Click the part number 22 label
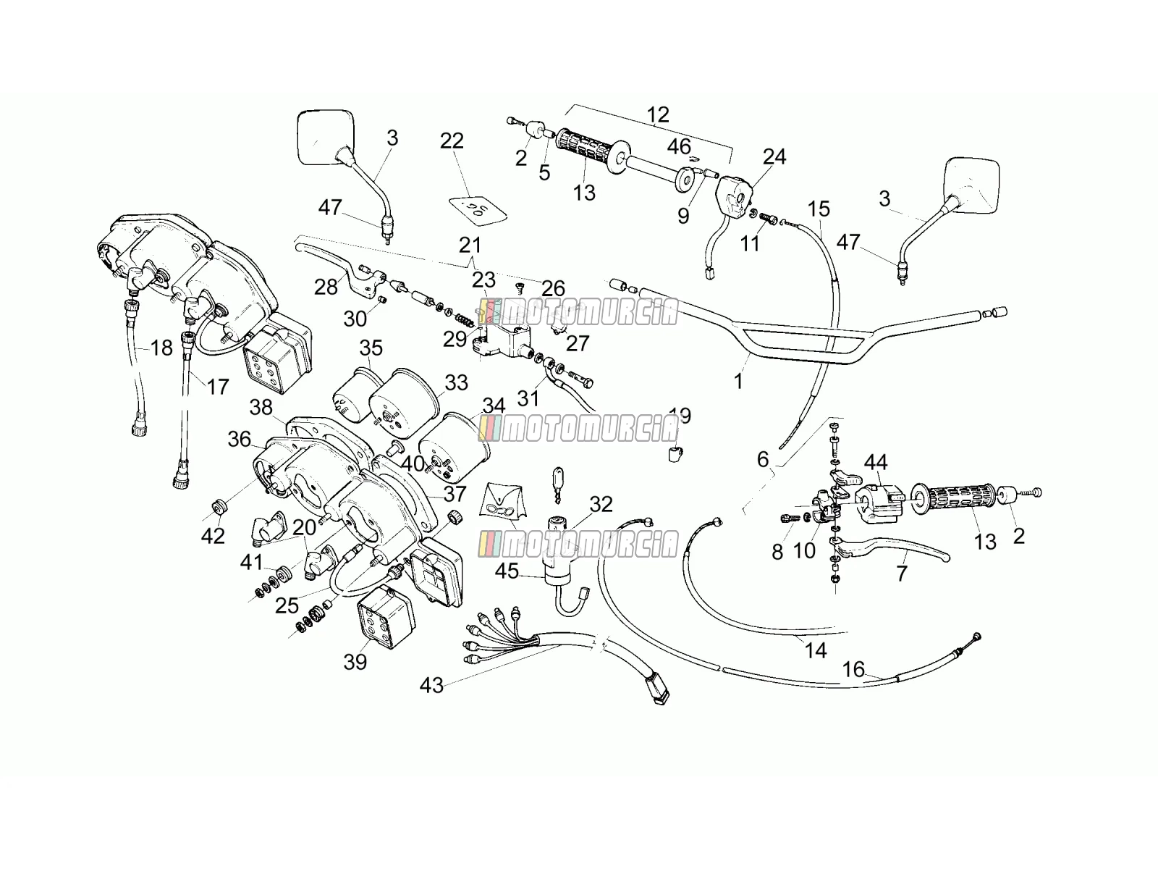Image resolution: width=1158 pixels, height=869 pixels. pos(452,141)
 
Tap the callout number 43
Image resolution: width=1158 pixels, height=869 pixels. pos(431,685)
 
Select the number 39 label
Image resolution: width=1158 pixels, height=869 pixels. pos(355,662)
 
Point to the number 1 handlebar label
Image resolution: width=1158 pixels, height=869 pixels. pos(739,381)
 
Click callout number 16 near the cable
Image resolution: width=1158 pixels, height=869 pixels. pos(853,669)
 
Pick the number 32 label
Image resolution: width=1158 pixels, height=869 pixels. pos(601,505)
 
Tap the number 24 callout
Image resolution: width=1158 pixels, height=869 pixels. pos(774,156)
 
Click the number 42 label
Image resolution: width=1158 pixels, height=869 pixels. pos(213,536)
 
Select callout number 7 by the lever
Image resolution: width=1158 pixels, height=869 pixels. pos(902,573)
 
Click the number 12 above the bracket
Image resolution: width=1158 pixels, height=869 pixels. pos(658,114)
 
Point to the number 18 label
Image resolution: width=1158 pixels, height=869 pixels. pos(161,348)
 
